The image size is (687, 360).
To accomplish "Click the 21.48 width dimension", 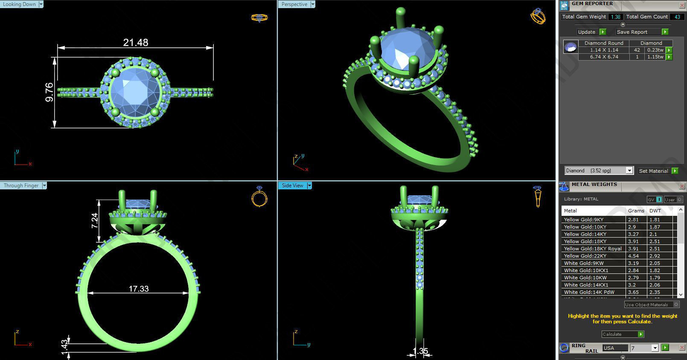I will (136, 43).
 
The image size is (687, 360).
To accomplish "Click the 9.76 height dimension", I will (49, 92).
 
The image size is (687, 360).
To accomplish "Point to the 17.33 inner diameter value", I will (139, 289).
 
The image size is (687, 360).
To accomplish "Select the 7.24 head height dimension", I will (95, 221).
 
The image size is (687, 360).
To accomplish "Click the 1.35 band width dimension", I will (420, 351).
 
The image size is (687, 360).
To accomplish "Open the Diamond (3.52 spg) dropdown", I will (599, 171).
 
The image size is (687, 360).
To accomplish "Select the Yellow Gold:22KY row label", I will (585, 256).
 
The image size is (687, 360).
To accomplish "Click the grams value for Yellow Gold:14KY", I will (633, 234).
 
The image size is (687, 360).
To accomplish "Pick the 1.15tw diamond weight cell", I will (655, 57).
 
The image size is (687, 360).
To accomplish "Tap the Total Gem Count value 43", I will (677, 17).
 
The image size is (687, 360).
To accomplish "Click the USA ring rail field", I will (614, 348).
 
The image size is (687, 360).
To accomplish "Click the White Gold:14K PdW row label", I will (589, 292).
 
